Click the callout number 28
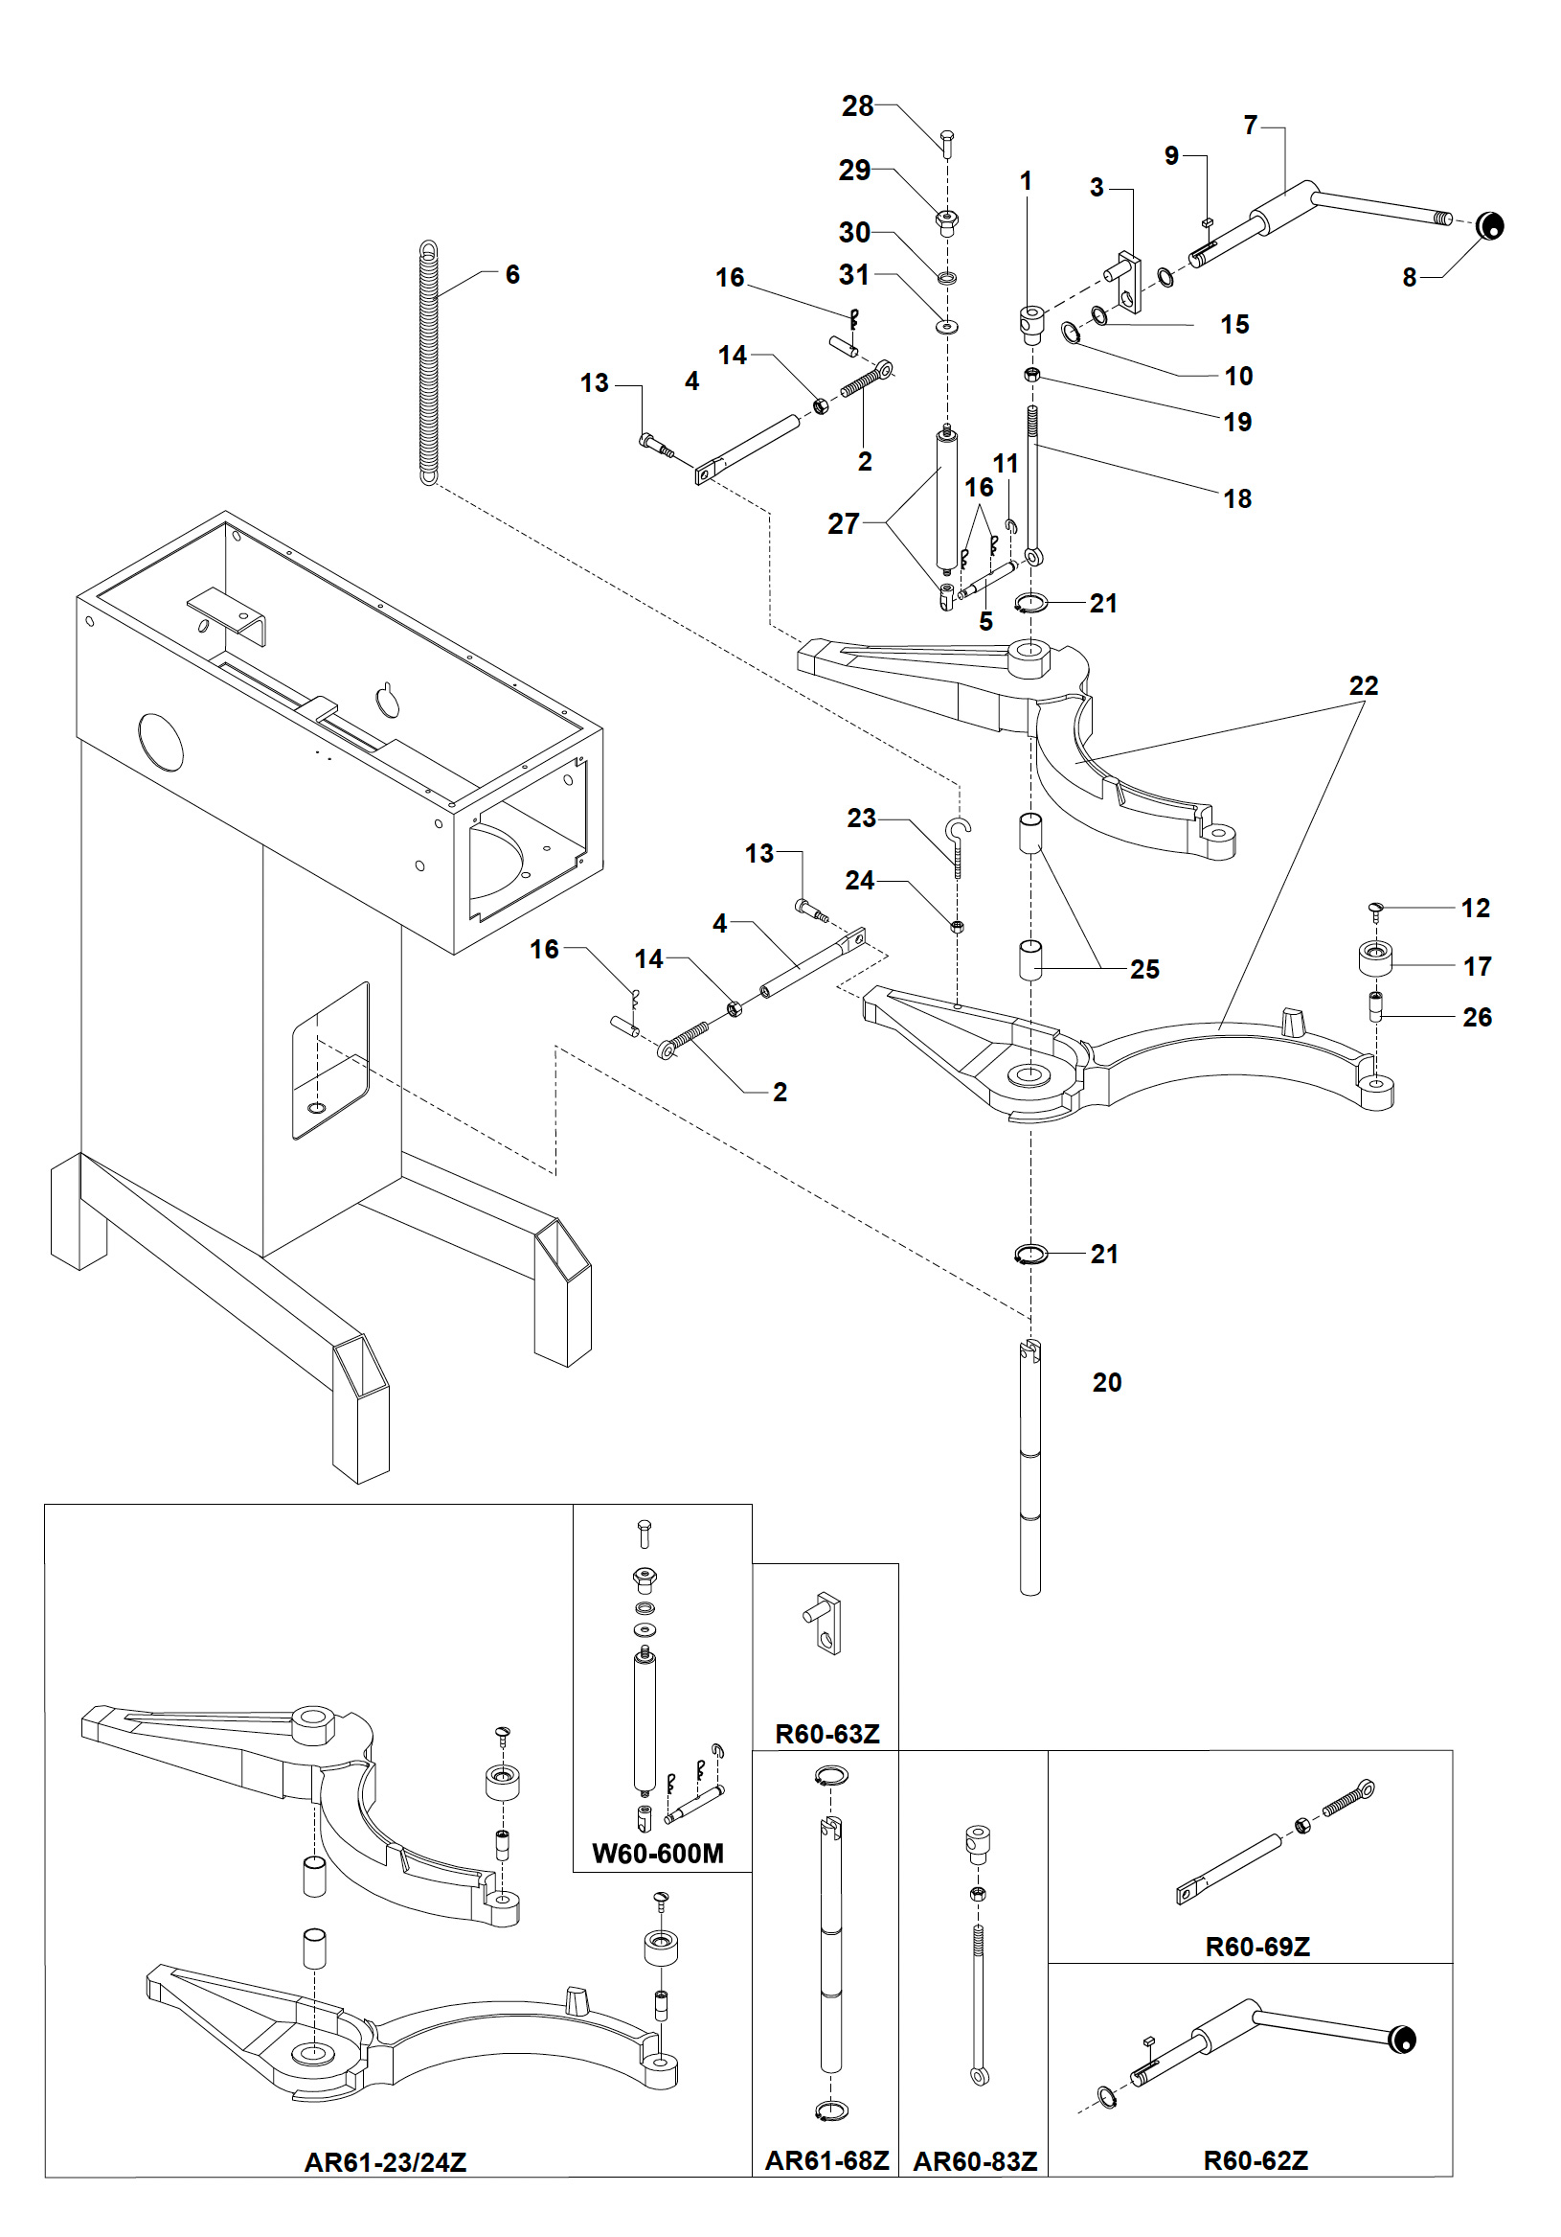tap(857, 106)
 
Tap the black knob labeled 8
tap(1489, 226)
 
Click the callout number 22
tap(1364, 686)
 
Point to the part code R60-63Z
tap(826, 1733)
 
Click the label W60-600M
tap(657, 1852)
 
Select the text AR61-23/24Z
tap(386, 2162)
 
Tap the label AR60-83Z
tap(975, 2161)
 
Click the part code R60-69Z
tap(1257, 1947)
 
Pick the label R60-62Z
tap(1256, 2160)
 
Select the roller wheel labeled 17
tap(1375, 958)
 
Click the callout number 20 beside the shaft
tap(1107, 1381)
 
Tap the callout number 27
tap(844, 524)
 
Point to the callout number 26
tap(1477, 1017)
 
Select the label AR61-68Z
tap(826, 2161)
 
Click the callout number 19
tap(1236, 422)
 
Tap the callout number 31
tap(854, 275)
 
